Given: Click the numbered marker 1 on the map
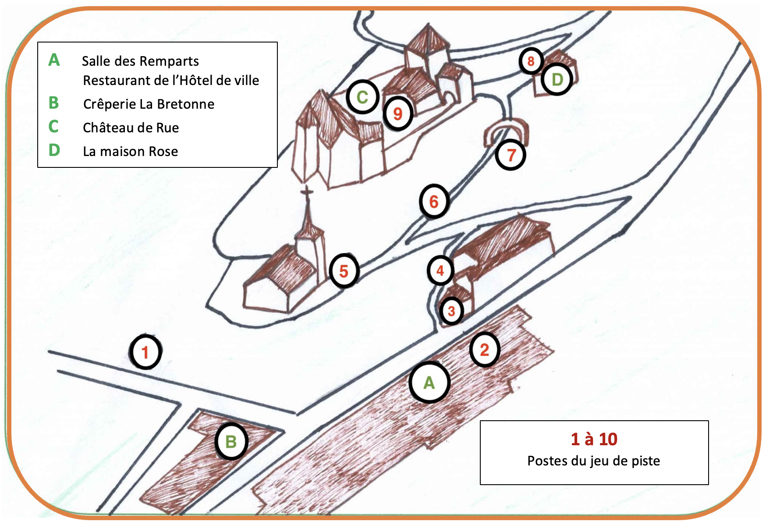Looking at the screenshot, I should coord(145,352).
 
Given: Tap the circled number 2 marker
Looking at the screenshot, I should coord(484,350).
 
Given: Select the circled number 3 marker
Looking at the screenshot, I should coord(451,311).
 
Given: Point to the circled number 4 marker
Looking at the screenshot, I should coord(440,270).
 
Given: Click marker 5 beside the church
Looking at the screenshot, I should coord(344,271).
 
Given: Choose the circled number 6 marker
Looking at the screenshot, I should coord(434,202).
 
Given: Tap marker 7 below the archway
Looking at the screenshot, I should coord(511,155).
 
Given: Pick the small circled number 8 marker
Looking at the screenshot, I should coord(531,61).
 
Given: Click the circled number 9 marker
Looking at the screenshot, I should coord(398,114).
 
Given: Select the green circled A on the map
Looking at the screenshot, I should coord(429,383).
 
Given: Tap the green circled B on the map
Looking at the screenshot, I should coord(231,441).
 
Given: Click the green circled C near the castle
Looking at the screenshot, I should coord(362,97).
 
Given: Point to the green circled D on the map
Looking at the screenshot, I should coord(557,80).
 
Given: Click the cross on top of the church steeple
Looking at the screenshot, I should coord(307,192).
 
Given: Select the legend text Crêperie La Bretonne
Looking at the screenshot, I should coord(149,104).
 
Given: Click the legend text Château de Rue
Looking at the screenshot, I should coord(131,128).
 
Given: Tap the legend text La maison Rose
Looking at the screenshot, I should coord(130,151).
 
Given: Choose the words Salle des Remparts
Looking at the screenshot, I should coord(140,61).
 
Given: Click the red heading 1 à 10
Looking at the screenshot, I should coord(594,439).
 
